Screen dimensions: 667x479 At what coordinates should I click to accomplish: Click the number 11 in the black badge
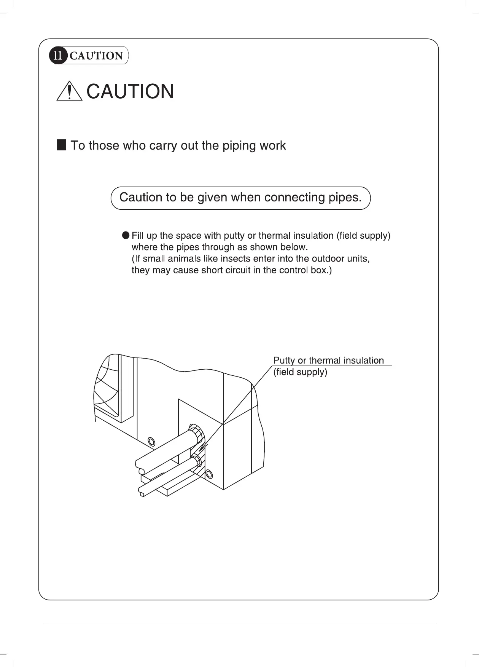(57, 56)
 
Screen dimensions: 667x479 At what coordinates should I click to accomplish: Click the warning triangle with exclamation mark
(69, 92)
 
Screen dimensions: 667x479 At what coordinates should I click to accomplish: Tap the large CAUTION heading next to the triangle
(130, 92)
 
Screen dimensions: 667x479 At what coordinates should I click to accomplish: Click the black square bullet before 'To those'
(62, 145)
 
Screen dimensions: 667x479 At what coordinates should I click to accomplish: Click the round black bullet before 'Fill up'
(126, 235)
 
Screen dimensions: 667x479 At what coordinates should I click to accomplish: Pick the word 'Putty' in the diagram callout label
(284, 361)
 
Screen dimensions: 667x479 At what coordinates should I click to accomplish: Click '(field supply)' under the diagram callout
(300, 372)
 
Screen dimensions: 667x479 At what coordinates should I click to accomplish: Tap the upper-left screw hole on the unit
(151, 442)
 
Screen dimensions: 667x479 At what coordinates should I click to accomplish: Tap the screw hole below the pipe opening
(208, 474)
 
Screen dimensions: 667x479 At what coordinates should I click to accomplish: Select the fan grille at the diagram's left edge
(107, 388)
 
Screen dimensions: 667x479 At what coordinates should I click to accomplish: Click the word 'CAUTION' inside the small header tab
(96, 56)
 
